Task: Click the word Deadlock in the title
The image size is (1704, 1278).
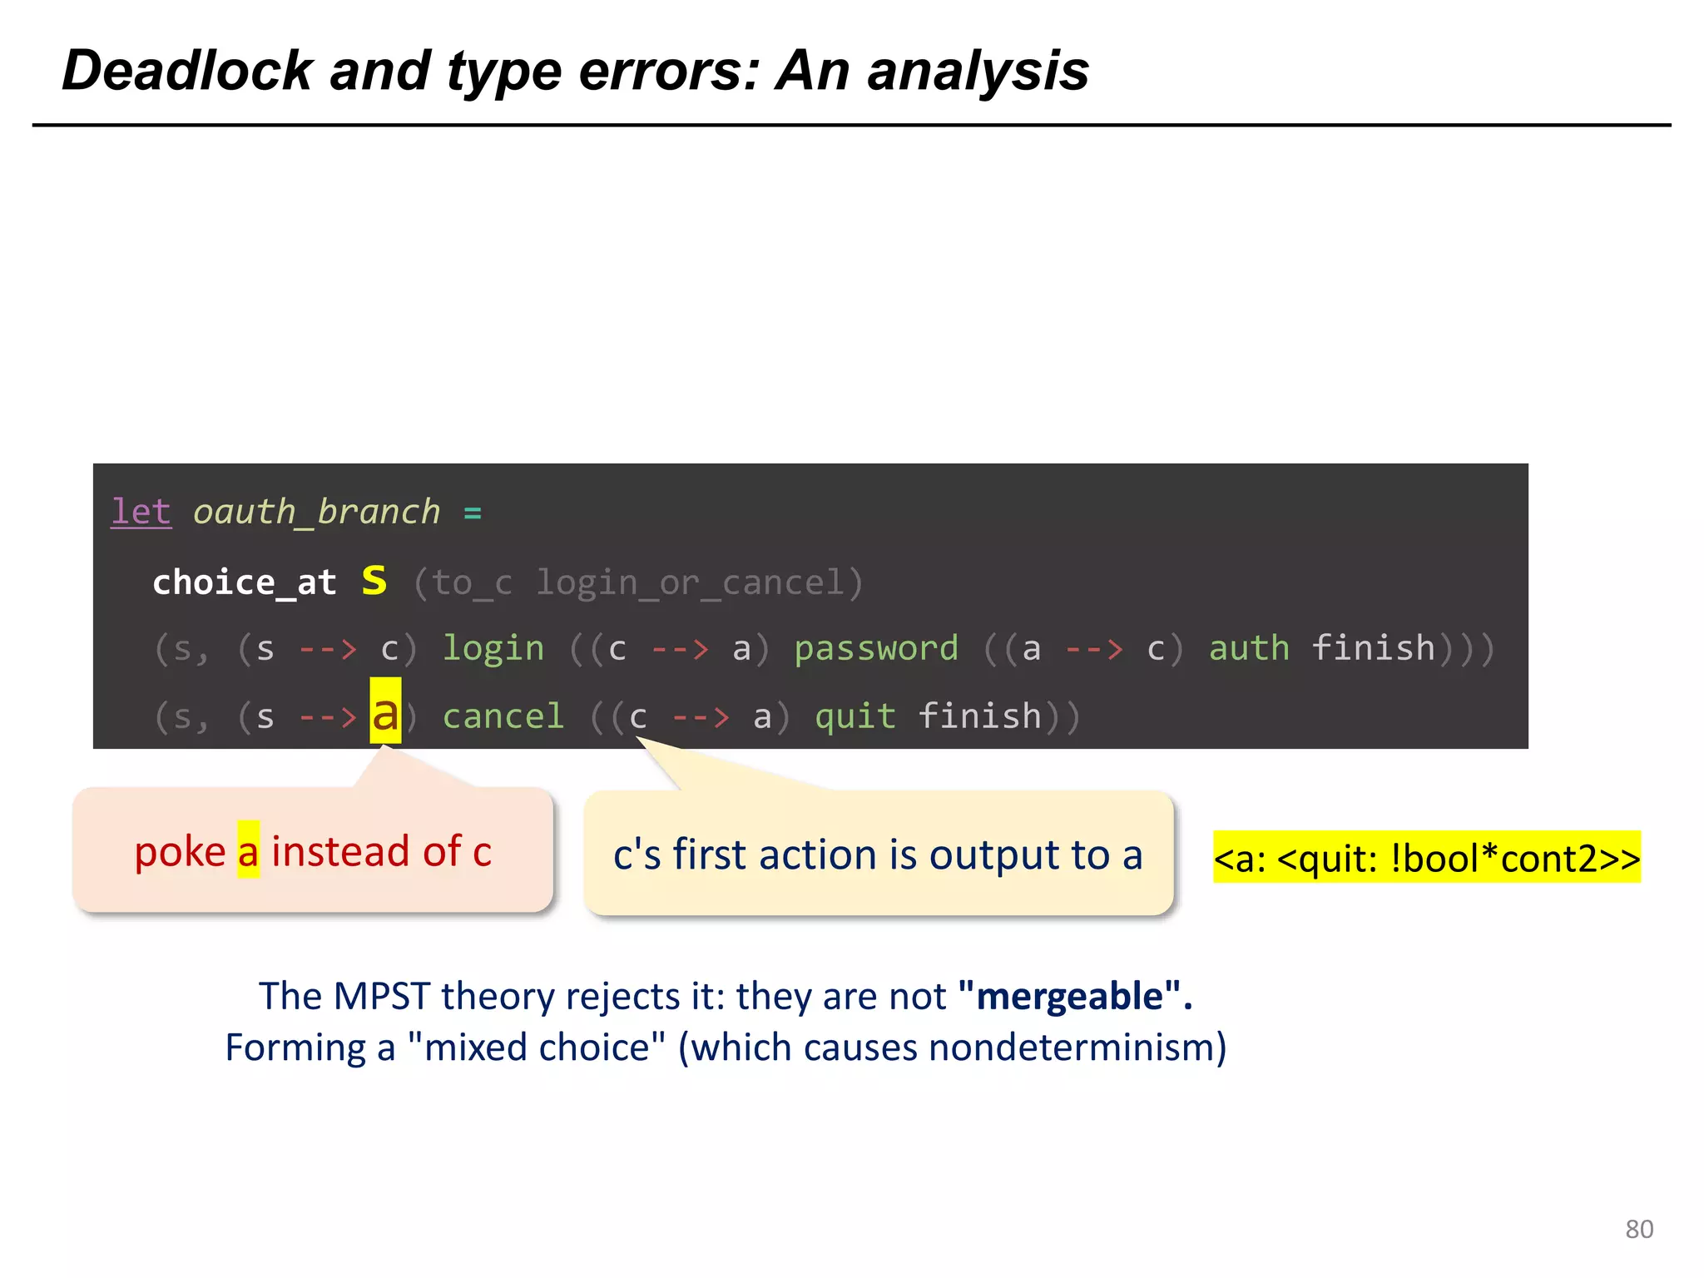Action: coord(187,71)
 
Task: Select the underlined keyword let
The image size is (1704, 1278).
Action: coord(141,512)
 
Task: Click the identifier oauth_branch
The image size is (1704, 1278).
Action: coord(316,512)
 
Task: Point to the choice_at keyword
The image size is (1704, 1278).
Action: coord(245,582)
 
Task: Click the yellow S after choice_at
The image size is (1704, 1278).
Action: coord(374,581)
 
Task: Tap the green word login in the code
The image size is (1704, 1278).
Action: coord(493,649)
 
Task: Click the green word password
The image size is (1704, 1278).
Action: coord(876,649)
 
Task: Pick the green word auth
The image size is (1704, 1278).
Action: coord(1249,649)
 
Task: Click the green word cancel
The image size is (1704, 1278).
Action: coord(503,717)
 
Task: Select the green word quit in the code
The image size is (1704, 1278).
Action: coord(854,717)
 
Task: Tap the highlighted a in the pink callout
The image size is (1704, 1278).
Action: coord(248,851)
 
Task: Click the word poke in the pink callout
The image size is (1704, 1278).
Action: coord(180,851)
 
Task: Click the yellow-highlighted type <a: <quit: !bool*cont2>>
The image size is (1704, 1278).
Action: coord(1426,858)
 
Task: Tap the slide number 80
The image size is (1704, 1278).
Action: coord(1639,1229)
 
